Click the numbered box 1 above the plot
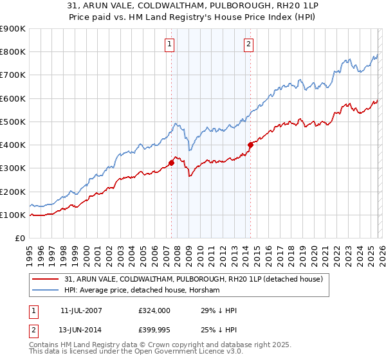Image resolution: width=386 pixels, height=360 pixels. point(169,44)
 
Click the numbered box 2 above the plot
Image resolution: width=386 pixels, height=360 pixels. point(248,44)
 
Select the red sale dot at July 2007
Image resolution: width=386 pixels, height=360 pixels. point(172,163)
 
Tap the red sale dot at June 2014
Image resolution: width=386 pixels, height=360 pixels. point(250,145)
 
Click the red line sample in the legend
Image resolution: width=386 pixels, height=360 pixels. point(46,278)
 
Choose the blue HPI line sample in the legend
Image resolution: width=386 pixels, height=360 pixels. point(46,291)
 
